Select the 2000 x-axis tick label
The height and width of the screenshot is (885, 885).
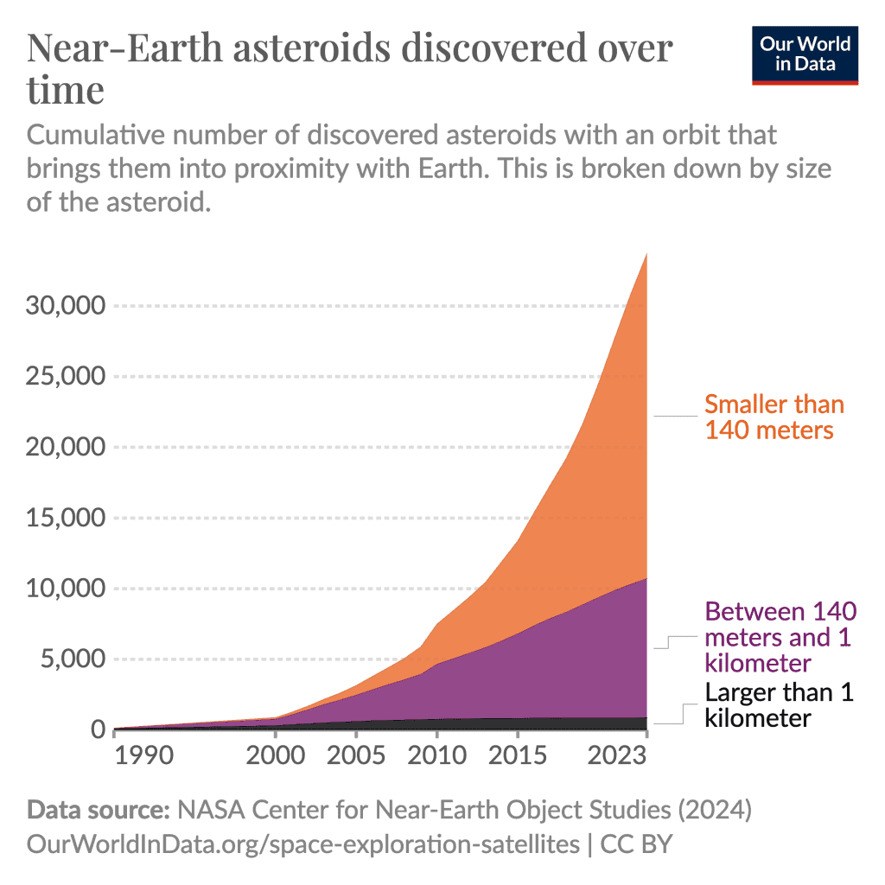point(275,756)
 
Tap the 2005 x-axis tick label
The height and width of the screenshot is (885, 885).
point(355,756)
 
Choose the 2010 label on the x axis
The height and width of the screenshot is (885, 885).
point(436,756)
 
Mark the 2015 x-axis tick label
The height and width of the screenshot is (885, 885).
point(517,756)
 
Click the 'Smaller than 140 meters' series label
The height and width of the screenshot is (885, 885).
point(774,417)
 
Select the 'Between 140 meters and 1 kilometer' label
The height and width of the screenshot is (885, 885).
point(780,637)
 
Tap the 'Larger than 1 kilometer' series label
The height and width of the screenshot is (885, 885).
point(779,705)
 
